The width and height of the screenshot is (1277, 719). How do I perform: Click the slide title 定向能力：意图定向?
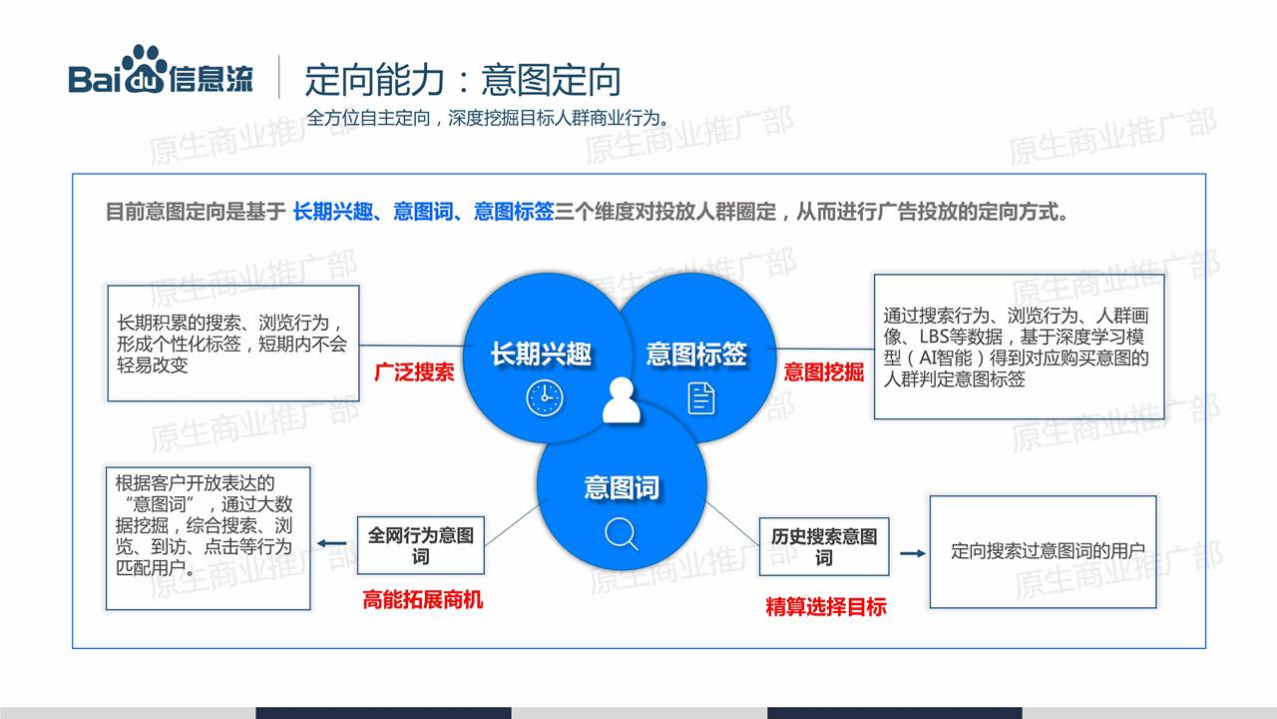(462, 80)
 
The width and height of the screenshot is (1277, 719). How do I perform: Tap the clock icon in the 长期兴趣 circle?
(545, 398)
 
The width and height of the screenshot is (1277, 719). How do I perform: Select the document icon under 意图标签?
(701, 398)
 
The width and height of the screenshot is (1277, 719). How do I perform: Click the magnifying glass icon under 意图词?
(621, 533)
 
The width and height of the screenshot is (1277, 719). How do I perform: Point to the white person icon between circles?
(622, 400)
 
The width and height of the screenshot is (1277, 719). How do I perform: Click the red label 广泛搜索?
(414, 372)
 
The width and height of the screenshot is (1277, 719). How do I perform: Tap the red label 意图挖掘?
(824, 372)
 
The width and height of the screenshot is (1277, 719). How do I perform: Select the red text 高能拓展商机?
(422, 600)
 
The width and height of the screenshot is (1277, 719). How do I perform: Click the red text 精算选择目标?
(825, 606)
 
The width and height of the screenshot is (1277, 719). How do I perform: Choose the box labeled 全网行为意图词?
(421, 545)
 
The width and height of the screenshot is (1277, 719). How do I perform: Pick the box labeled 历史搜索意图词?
(824, 546)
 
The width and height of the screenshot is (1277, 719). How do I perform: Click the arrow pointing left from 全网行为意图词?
(331, 544)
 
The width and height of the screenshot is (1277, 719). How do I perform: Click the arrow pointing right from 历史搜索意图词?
(913, 553)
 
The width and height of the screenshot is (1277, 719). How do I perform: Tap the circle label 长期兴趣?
(541, 354)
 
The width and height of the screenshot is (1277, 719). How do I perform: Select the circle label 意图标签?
(696, 354)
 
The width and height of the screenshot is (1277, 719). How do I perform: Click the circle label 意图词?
(622, 488)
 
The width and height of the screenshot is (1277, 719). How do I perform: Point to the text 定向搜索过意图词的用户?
(1048, 551)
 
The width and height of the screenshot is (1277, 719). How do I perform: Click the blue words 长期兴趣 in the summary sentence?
(333, 212)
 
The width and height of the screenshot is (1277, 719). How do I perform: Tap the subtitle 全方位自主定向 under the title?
(368, 118)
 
